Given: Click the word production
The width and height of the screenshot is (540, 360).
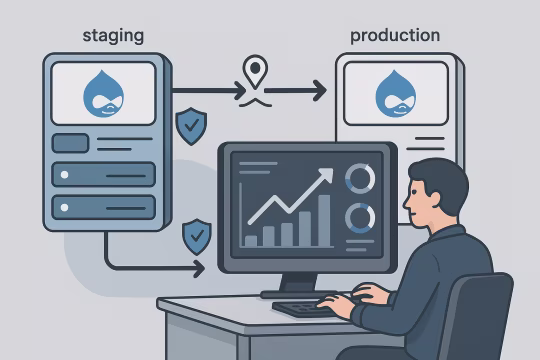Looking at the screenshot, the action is pyautogui.click(x=395, y=36).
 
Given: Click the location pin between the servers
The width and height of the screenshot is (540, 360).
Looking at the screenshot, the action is pyautogui.click(x=257, y=72).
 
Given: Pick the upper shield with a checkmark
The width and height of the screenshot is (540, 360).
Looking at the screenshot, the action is pyautogui.click(x=190, y=127).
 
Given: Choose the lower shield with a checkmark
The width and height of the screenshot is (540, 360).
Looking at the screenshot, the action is pyautogui.click(x=197, y=237).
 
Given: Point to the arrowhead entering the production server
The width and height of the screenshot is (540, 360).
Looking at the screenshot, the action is pyautogui.click(x=319, y=93).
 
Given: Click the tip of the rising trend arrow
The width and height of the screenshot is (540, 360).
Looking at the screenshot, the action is pyautogui.click(x=329, y=172).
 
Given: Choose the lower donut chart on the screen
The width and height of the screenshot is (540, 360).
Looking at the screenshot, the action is pyautogui.click(x=359, y=217).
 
